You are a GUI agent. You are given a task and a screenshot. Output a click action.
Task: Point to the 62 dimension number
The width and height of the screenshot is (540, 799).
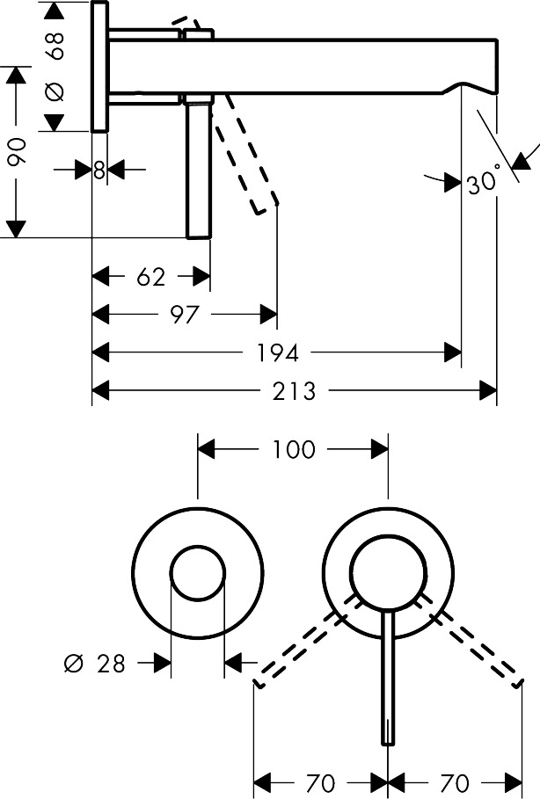pyautogui.click(x=151, y=277)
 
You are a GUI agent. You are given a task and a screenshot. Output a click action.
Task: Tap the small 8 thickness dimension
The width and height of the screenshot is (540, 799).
pyautogui.click(x=99, y=170)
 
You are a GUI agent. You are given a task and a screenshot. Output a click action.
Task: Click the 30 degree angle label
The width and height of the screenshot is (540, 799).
pyautogui.click(x=483, y=183)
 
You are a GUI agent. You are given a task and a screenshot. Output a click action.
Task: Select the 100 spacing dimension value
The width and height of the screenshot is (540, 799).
pyautogui.click(x=293, y=449)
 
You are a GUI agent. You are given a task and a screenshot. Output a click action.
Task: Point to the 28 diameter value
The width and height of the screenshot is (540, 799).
pyautogui.click(x=111, y=664)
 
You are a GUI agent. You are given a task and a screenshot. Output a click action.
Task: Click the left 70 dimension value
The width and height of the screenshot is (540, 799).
pyautogui.click(x=321, y=781)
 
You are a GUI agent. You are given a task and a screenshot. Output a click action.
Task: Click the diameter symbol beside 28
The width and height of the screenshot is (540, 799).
pyautogui.click(x=73, y=664)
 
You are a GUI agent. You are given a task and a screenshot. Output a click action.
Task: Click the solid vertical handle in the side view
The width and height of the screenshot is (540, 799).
pyautogui.click(x=199, y=167)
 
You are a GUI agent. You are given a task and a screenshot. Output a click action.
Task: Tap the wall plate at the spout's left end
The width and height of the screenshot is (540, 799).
pyautogui.click(x=99, y=66)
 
